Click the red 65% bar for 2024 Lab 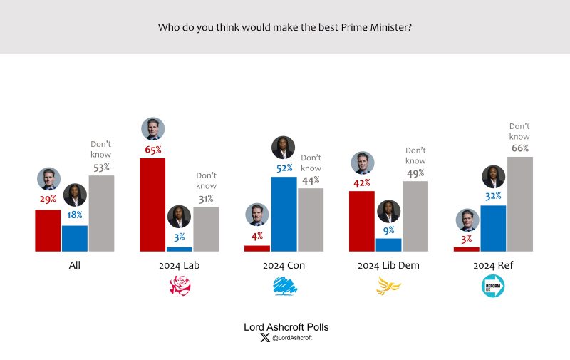click(152, 205)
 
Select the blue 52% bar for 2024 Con click(284, 214)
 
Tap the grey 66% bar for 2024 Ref click(520, 204)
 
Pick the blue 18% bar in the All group click(75, 238)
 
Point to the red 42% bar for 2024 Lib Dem click(362, 221)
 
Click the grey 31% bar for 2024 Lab click(206, 229)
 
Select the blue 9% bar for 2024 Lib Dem click(388, 245)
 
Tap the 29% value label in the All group click(48, 199)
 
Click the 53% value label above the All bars click(101, 168)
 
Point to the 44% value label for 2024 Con click(311, 180)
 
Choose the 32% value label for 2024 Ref click(493, 196)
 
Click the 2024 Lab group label click(180, 266)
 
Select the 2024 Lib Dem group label click(388, 266)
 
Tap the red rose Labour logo click(180, 287)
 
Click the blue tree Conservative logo click(284, 287)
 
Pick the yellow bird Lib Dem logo click(388, 287)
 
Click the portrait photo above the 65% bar click(153, 129)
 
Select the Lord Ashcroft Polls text click(286, 327)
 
